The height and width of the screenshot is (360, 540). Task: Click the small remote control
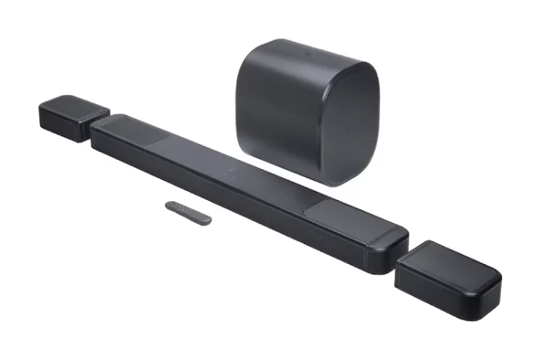pyautogui.click(x=188, y=212)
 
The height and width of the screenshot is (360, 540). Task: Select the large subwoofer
pyautogui.click(x=306, y=108)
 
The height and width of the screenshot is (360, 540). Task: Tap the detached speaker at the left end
pyautogui.click(x=72, y=117)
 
